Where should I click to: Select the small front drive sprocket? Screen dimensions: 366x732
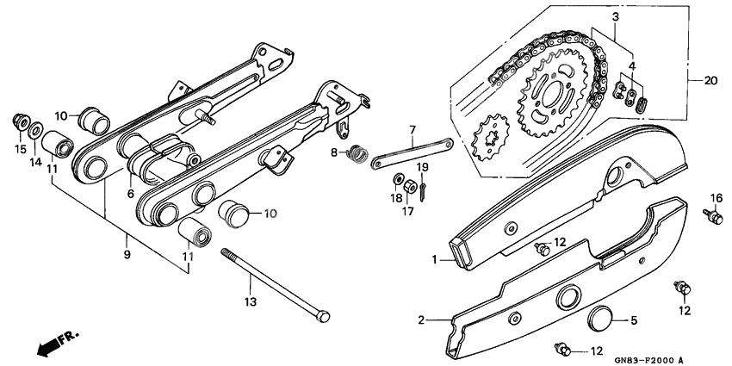[x=492, y=140]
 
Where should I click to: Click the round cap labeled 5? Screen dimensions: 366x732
[x=601, y=321]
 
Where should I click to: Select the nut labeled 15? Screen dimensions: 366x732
[x=20, y=121]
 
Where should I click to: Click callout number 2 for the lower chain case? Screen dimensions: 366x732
[x=422, y=320]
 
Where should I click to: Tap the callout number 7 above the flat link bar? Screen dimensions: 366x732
[x=413, y=131]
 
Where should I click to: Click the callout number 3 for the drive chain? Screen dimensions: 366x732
[x=616, y=17]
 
